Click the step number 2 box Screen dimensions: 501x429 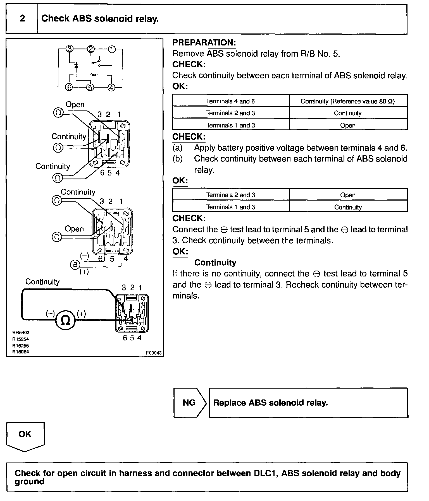coord(22,19)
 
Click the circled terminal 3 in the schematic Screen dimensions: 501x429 coord(70,49)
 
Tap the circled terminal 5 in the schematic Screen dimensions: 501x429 coord(90,87)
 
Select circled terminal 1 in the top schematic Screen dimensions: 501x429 coord(112,49)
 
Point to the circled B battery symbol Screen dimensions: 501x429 coord(75,264)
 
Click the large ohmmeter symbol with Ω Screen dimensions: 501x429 coord(65,321)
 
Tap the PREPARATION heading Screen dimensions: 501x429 coord(204,43)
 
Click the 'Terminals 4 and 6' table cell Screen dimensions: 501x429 coord(230,101)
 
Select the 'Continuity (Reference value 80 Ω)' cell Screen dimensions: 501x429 coord(348,101)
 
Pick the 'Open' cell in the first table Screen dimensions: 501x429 coord(348,125)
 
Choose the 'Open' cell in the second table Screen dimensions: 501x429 coord(348,195)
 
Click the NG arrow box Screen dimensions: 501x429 coord(189,403)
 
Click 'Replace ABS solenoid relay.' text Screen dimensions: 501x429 coord(270,403)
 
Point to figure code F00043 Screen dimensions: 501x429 coord(154,353)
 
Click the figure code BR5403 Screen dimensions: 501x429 coord(21,333)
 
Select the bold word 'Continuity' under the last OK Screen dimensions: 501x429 coord(215,262)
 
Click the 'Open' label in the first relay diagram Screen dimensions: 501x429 coord(75,105)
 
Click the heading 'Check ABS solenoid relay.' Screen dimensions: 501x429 coord(100,19)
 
